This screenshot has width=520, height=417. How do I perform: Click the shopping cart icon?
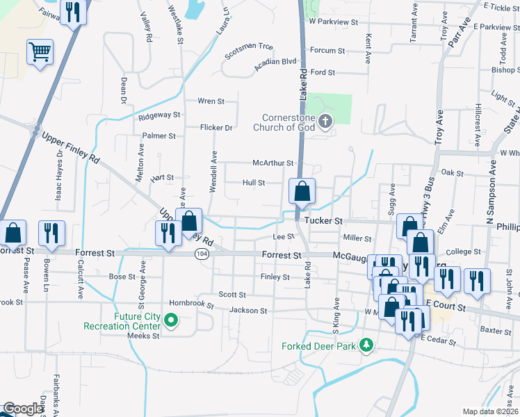[40, 51]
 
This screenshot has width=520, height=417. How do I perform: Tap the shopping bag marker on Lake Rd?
[302, 191]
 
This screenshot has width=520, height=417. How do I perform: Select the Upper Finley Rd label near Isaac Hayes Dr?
[70, 147]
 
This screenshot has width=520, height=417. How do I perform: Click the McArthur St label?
[273, 163]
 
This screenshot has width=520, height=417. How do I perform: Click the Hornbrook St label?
[189, 303]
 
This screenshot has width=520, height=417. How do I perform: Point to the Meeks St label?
[143, 335]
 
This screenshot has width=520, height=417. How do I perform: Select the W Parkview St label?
[333, 22]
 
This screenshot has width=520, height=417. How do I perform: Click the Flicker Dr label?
[216, 128]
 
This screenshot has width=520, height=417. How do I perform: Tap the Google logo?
[22, 409]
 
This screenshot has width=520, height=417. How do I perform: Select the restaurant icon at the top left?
[72, 12]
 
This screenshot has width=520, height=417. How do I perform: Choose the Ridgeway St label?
[159, 115]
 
